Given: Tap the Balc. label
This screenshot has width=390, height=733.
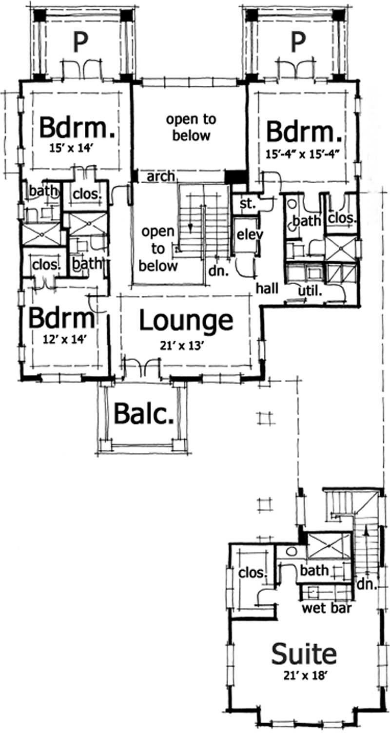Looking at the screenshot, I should [x=144, y=414].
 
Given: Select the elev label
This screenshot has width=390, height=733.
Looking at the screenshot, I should [x=250, y=234].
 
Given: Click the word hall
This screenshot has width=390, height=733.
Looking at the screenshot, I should [x=268, y=289].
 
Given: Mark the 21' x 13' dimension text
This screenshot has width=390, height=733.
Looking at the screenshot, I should [x=185, y=345].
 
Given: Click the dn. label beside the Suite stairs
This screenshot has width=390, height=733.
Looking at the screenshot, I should [x=368, y=583].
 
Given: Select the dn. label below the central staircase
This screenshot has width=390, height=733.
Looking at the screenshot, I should [x=219, y=271].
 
